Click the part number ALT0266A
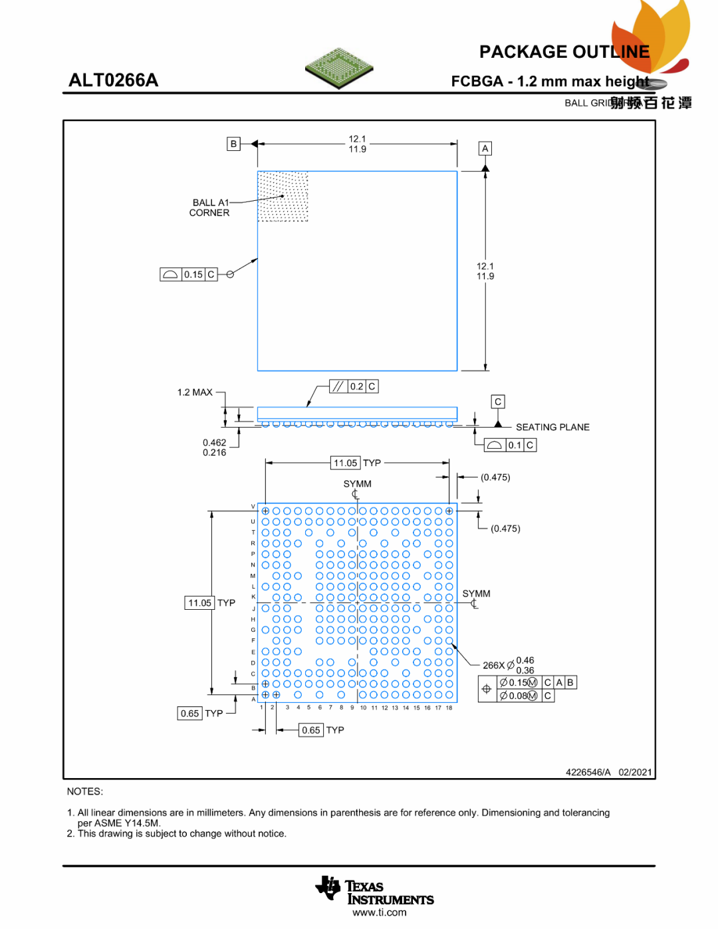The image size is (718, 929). pyautogui.click(x=114, y=80)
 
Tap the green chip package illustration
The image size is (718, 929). pyautogui.click(x=339, y=67)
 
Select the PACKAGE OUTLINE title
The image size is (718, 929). pyautogui.click(x=564, y=52)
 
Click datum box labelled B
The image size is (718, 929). pyautogui.click(x=233, y=144)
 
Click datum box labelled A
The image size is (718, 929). pyautogui.click(x=485, y=148)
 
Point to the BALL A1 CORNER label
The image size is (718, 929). pyautogui.click(x=210, y=207)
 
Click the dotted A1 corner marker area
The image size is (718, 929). pyautogui.click(x=283, y=196)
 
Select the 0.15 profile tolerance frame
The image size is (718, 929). pyautogui.click(x=189, y=274)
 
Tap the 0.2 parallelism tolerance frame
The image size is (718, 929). pyautogui.click(x=354, y=386)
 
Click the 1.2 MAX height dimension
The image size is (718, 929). pyautogui.click(x=195, y=392)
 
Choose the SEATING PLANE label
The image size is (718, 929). pyautogui.click(x=552, y=427)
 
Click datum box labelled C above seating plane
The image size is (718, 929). pyautogui.click(x=498, y=402)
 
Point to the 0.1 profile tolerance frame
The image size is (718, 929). pyautogui.click(x=510, y=445)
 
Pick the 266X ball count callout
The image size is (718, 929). pyautogui.click(x=494, y=665)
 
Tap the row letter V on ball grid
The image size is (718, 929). pyautogui.click(x=253, y=507)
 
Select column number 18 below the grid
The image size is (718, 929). pyautogui.click(x=449, y=708)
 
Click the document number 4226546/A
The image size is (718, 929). pyautogui.click(x=588, y=772)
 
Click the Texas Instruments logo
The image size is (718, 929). pyautogui.click(x=375, y=891)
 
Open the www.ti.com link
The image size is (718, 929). pyautogui.click(x=380, y=912)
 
